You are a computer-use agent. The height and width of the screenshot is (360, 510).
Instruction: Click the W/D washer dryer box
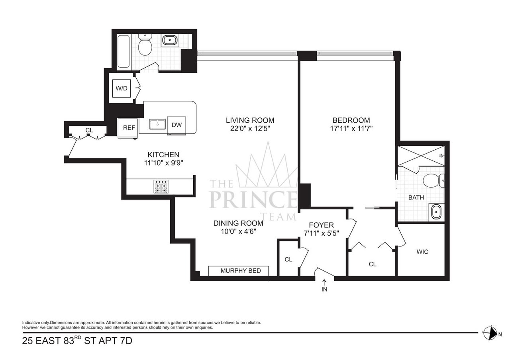[x=122, y=88]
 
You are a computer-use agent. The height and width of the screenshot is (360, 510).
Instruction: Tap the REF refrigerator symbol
[x=128, y=128]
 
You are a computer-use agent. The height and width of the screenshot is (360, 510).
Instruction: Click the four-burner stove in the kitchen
[x=161, y=187]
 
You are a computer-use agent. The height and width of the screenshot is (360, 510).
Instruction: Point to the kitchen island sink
[x=158, y=124]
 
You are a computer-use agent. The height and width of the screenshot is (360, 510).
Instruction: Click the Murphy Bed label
[x=240, y=271]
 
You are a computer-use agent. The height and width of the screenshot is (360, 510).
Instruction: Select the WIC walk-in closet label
[x=422, y=252]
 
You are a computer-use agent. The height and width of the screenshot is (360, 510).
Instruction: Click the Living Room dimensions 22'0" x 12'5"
[x=250, y=128]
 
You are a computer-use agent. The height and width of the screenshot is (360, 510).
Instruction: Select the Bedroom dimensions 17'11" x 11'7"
[x=351, y=128]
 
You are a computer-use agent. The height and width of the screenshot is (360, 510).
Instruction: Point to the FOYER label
[x=324, y=225]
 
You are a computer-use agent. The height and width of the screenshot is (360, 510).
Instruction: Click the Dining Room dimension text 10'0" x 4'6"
[x=238, y=231]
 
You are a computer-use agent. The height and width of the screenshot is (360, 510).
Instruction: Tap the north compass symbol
[x=489, y=333]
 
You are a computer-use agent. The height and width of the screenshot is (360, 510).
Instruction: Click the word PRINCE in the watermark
[x=253, y=200]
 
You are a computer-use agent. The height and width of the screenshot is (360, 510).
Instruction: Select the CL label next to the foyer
[x=288, y=259]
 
